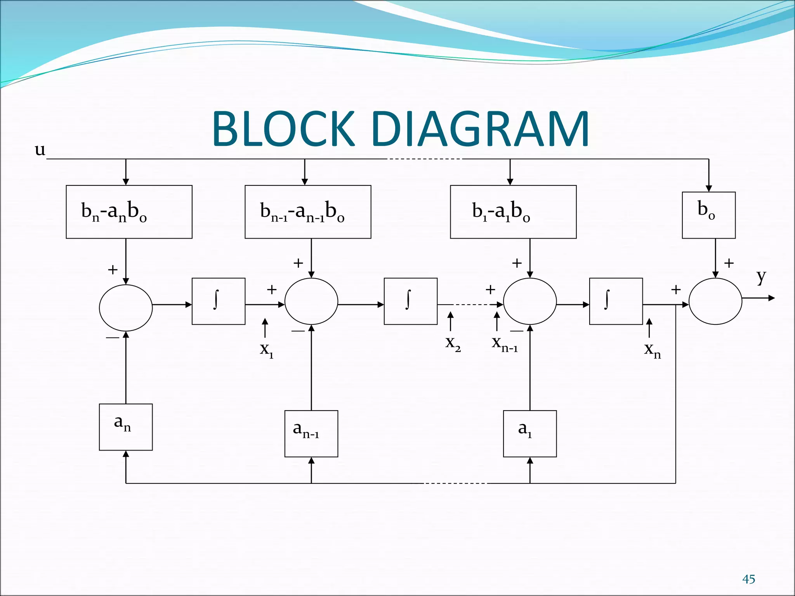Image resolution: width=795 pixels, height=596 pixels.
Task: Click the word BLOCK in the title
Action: pyautogui.click(x=283, y=129)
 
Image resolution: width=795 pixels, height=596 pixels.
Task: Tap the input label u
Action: pyautogui.click(x=40, y=149)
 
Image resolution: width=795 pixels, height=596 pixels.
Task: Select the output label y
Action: pyautogui.click(x=761, y=277)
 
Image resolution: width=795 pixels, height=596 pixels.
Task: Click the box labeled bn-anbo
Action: pyautogui.click(x=129, y=212)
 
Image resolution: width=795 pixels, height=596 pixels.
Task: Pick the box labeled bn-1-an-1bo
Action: pyautogui.click(x=308, y=212)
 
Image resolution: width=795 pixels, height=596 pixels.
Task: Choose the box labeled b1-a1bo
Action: pyautogui.click(x=513, y=212)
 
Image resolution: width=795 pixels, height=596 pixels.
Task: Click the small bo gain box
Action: pyautogui.click(x=708, y=215)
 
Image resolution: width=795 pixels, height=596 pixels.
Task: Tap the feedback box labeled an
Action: pyautogui.click(x=126, y=427)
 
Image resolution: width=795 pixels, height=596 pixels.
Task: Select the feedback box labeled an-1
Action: pyautogui.click(x=311, y=433)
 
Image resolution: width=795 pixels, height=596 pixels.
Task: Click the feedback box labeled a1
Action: pyautogui.click(x=530, y=433)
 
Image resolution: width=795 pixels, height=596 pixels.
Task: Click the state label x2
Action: pyautogui.click(x=453, y=343)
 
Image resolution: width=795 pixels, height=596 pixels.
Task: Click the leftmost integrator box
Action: pyautogui.click(x=219, y=301)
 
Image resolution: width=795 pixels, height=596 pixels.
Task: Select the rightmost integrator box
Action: pyautogui.click(x=616, y=301)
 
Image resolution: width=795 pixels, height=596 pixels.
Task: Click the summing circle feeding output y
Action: pyautogui.click(x=715, y=301)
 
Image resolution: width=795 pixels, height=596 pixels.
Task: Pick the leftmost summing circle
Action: pyautogui.click(x=126, y=308)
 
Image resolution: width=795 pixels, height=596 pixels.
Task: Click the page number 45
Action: pyautogui.click(x=748, y=579)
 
